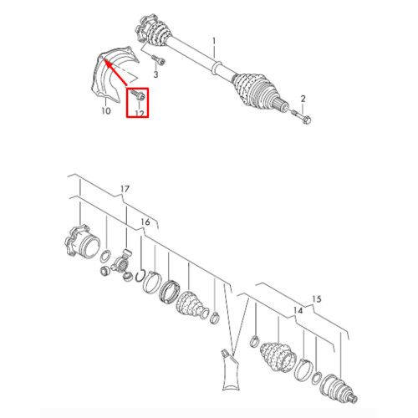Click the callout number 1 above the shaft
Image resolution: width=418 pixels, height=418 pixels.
pos(214,42)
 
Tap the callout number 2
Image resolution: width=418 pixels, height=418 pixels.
pos(303,99)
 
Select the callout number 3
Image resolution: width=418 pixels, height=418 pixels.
pos(155,74)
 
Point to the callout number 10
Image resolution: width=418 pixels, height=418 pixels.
pos(106,111)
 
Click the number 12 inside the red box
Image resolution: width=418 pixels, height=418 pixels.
pos(140,114)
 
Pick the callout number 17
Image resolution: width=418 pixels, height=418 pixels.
pos(125,189)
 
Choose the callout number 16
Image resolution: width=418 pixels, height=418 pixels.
pos(145,222)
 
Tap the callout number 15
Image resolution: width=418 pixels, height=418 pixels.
pos(317,299)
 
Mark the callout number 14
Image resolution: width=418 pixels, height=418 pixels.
pos(298,310)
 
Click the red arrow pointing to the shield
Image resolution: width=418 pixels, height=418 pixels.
pos(115,72)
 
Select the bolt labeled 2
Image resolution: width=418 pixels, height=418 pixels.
pos(301,117)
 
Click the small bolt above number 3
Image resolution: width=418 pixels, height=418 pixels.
pos(158,60)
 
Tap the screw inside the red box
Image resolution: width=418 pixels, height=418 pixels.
pos(138,94)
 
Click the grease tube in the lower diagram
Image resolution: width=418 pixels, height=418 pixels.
pos(231,370)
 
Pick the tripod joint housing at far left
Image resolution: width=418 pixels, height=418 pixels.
pos(81,242)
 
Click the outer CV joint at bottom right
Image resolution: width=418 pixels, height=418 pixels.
pos(339,389)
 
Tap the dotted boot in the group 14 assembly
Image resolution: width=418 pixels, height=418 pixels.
pos(277,354)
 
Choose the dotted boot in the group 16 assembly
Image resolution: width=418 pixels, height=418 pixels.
pos(191,305)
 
